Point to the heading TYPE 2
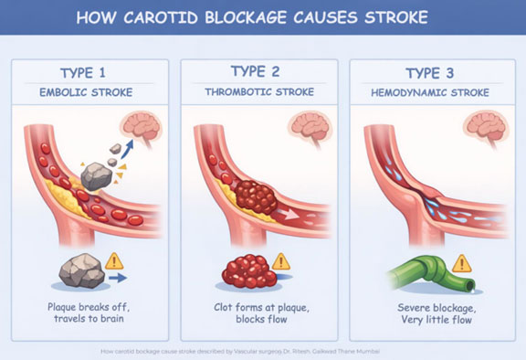pos(258,73)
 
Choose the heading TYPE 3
pos(429,73)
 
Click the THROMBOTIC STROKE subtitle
pos(258,93)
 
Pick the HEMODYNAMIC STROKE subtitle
pos(429,93)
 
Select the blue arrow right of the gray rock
pos(116,276)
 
